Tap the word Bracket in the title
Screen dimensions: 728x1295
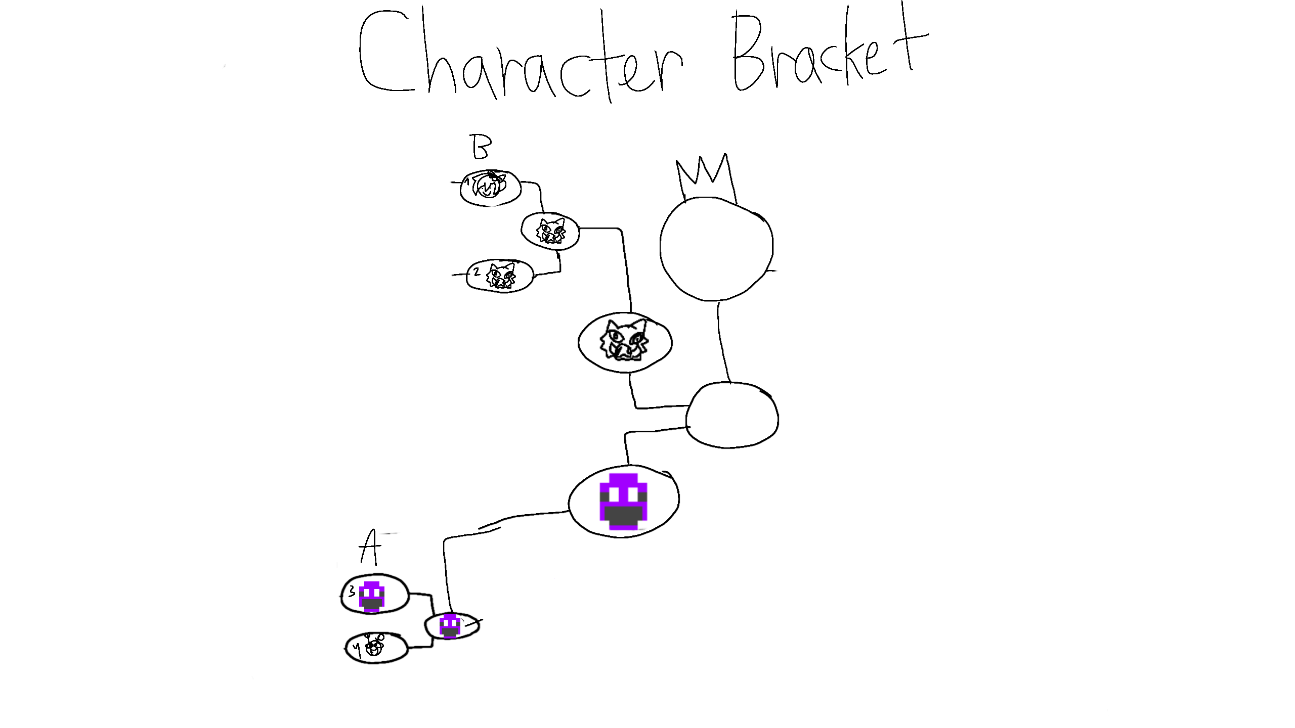830,53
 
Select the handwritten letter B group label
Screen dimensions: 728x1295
481,147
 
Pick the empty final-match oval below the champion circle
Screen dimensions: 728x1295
732,415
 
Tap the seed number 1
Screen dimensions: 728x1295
468,180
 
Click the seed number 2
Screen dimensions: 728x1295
476,272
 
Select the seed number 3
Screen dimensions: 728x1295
352,591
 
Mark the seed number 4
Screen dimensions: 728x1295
358,648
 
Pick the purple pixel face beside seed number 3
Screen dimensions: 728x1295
372,597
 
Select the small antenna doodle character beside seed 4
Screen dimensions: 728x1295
375,645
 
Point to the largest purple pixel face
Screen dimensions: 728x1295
623,501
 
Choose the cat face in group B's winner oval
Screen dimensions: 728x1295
550,232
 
